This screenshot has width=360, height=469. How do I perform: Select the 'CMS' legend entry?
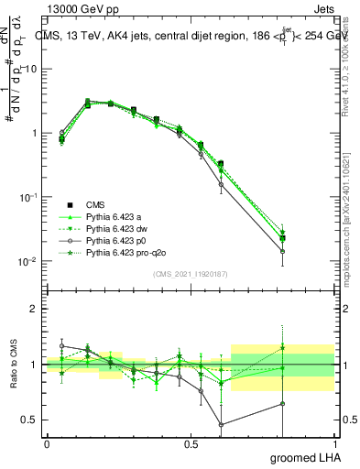pyautogui.click(x=94, y=204)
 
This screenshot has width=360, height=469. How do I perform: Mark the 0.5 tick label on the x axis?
pyautogui.click(x=191, y=445)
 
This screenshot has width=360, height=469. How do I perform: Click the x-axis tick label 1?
pyautogui.click(x=334, y=445)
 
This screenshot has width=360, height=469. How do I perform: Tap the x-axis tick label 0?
pyautogui.click(x=47, y=445)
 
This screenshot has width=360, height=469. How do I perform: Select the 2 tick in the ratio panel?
pyautogui.click(x=34, y=309)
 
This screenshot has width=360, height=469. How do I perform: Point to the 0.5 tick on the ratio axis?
pyautogui.click(x=30, y=420)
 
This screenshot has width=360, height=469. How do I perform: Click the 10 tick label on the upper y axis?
pyautogui.click(x=30, y=69)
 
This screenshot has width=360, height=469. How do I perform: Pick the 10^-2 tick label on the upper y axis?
pyautogui.click(x=28, y=261)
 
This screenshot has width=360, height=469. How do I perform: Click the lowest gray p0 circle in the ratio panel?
pyautogui.click(x=222, y=424)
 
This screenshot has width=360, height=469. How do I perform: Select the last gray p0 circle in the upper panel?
pyautogui.click(x=308, y=251)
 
